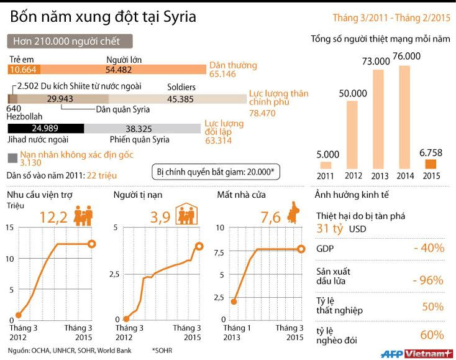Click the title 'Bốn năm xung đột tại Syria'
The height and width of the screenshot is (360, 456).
[x=102, y=16]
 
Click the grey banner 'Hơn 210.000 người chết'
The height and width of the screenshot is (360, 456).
[x=71, y=42]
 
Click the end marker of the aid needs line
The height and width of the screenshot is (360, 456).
[x=92, y=244]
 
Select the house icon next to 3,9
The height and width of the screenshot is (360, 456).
[x=186, y=215]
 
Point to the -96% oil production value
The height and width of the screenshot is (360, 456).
[x=428, y=279]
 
